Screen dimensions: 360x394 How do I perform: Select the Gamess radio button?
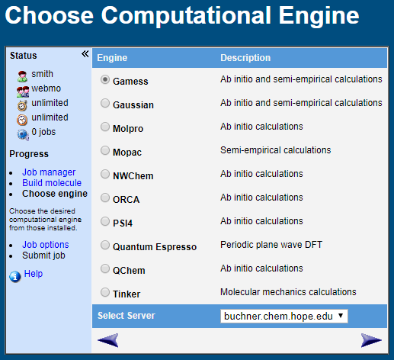coord(105,80)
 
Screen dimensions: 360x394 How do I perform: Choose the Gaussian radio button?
coord(105,104)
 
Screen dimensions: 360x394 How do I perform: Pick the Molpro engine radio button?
coord(105,127)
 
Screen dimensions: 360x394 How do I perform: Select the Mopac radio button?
coord(105,151)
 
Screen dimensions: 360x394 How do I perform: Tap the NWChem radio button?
coord(105,175)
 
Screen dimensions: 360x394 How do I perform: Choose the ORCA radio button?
coord(105,198)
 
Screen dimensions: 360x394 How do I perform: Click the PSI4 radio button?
coord(105,222)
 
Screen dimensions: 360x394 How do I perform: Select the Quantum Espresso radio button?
coord(105,246)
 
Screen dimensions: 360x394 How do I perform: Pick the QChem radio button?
coord(105,269)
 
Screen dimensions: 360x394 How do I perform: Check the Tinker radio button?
coord(105,292)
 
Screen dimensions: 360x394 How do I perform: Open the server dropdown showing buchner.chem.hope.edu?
coord(283,316)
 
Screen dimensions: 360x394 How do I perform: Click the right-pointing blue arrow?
coord(371,340)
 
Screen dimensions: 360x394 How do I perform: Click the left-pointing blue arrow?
coord(108,340)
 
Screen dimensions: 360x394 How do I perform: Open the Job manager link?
coord(49,172)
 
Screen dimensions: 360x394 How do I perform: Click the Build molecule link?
coord(52,183)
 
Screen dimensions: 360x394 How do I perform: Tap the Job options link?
coord(46,245)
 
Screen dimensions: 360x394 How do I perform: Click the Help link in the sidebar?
coord(34,274)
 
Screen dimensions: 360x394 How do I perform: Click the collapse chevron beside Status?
coord(85,54)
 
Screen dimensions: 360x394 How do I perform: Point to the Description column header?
coord(245,57)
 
